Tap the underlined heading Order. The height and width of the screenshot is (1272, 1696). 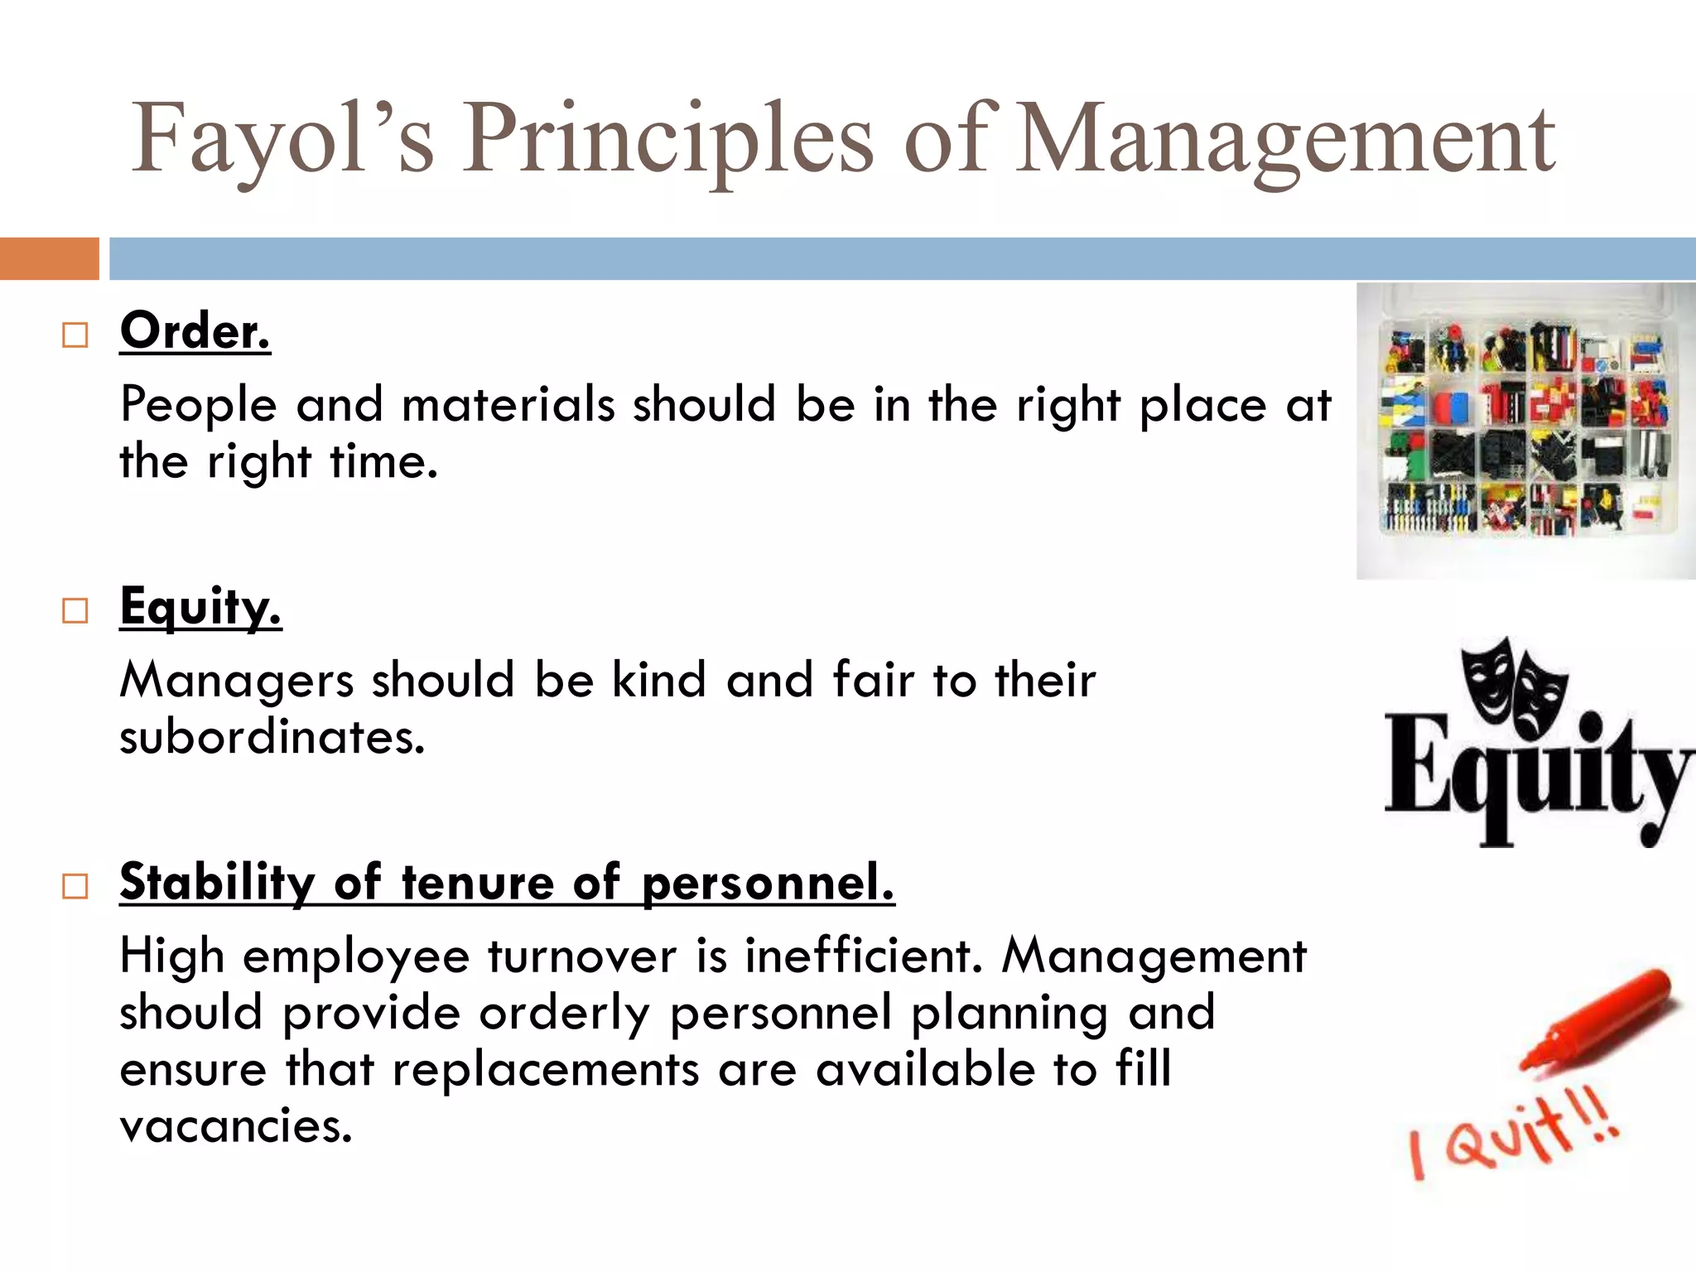click(195, 331)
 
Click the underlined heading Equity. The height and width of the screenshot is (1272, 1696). click(200, 607)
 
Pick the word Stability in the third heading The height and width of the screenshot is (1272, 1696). click(217, 882)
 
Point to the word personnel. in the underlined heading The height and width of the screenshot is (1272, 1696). click(768, 884)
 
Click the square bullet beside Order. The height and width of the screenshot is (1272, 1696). click(75, 335)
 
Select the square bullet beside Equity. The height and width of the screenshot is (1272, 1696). click(75, 611)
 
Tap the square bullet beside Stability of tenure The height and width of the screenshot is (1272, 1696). click(75, 887)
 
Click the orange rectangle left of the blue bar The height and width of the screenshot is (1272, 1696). click(49, 258)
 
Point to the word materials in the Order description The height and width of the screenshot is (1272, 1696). click(508, 405)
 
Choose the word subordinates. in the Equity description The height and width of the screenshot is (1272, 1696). click(272, 736)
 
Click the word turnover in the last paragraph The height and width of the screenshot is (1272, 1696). click(582, 956)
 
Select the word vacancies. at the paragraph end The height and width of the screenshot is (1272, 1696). click(236, 1126)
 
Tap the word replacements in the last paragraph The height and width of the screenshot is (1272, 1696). click(546, 1069)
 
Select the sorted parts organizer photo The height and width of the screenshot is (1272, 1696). click(1525, 431)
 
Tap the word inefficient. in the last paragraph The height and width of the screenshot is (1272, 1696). click(863, 956)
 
